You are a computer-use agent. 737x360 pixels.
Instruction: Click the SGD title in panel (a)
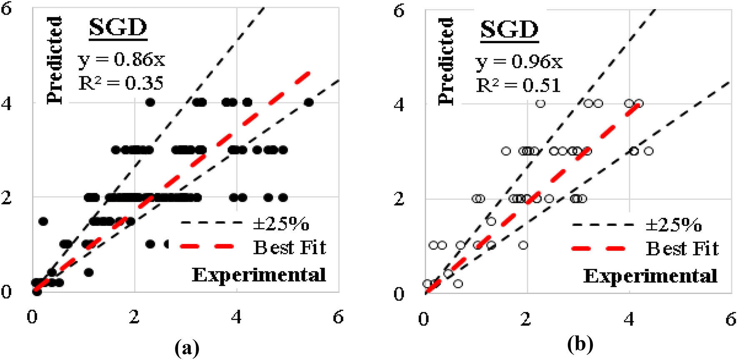coord(118,28)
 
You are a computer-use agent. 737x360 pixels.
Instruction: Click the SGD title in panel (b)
coord(510,30)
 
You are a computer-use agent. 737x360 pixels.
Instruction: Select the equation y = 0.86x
coord(122,60)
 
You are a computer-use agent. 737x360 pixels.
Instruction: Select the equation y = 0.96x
coord(519,62)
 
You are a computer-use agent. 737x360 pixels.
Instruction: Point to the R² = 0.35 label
coord(121,83)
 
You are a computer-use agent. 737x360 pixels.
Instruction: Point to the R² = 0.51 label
coord(518,85)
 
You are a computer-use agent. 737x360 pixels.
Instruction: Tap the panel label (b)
coord(580,344)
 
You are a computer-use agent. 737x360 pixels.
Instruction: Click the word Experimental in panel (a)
coord(259,275)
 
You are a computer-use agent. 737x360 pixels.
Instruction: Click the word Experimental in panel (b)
coord(650,276)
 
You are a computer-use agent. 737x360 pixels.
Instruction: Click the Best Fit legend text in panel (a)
coord(290,247)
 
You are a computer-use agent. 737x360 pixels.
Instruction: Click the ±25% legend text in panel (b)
coord(673,225)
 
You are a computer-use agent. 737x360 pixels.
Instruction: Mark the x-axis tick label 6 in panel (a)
coord(338,317)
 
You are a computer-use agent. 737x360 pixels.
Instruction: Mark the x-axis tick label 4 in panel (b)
coord(629,319)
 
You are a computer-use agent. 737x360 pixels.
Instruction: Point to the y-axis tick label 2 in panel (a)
coord(6,198)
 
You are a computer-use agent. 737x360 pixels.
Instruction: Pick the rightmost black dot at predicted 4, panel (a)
coord(309,102)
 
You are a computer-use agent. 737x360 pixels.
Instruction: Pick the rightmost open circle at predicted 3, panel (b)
coord(649,151)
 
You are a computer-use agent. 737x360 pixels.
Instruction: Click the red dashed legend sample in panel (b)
coord(598,249)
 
